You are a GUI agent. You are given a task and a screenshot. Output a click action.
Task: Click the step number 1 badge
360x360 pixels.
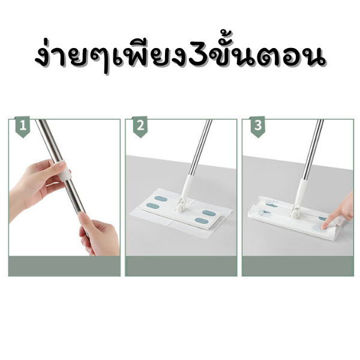[23, 127]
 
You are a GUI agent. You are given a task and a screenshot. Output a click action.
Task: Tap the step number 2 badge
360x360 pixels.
[140, 127]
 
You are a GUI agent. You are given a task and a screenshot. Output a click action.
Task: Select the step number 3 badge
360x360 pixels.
[258, 127]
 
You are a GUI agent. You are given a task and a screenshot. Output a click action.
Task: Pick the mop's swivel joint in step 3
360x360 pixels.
[296, 211]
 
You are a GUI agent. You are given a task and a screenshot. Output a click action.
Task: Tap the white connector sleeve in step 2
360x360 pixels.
[187, 187]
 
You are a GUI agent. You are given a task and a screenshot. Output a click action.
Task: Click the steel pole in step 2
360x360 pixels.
[200, 147]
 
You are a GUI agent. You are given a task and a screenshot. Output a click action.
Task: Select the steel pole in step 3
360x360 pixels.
[313, 149]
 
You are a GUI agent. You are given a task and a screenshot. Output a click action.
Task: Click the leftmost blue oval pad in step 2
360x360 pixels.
[152, 206]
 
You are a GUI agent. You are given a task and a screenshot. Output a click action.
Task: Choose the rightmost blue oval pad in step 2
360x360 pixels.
[209, 214]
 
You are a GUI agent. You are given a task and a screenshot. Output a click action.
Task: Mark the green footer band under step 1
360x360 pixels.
[64, 266]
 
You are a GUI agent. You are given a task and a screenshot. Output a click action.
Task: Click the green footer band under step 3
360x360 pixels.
[298, 266]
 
